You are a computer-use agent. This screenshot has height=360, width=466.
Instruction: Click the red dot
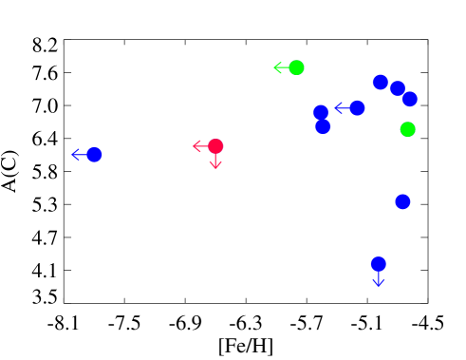(x=215, y=146)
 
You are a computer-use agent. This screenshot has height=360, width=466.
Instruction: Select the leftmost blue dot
(x=94, y=155)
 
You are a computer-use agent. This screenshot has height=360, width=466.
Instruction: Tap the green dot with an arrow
(x=296, y=67)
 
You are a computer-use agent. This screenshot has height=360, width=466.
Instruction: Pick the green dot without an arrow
(x=407, y=129)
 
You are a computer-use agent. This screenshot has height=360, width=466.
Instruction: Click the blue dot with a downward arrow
(x=378, y=264)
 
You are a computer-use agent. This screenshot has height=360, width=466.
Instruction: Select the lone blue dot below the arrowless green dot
(x=402, y=201)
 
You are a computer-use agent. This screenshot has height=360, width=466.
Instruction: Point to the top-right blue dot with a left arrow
(x=357, y=108)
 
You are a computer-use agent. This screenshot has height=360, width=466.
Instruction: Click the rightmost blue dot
(x=409, y=99)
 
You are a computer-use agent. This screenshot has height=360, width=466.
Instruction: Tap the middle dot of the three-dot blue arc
(x=398, y=88)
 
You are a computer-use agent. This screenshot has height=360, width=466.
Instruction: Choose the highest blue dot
(x=380, y=82)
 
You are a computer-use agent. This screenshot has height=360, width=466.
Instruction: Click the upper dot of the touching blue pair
(x=321, y=112)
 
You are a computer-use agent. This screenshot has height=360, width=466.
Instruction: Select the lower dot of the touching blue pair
(x=323, y=126)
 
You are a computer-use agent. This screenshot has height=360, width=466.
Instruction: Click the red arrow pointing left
(x=200, y=146)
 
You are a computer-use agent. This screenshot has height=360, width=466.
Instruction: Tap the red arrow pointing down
(x=215, y=161)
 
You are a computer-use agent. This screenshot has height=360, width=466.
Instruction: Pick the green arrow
(x=281, y=67)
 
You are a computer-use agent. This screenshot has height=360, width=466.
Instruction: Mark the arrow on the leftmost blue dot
(x=80, y=155)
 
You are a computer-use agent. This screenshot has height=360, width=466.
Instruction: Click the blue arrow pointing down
(x=378, y=279)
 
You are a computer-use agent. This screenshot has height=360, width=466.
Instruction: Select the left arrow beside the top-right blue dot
(x=342, y=108)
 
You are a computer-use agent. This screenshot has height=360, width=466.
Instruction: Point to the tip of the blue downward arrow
(x=378, y=288)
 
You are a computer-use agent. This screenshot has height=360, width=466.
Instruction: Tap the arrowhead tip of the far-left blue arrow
(x=71, y=155)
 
